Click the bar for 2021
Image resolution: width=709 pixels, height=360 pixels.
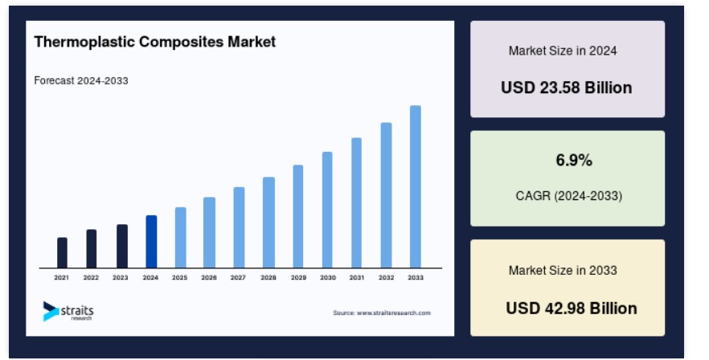pyautogui.click(x=62, y=253)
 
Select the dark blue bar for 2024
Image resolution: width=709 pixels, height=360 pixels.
pyautogui.click(x=151, y=242)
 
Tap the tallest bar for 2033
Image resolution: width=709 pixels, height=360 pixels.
pyautogui.click(x=415, y=186)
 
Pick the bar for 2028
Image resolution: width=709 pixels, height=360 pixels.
pyautogui.click(x=268, y=223)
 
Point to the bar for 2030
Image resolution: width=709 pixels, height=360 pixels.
pyautogui.click(x=327, y=210)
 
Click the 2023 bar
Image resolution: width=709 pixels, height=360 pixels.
pyautogui.click(x=122, y=246)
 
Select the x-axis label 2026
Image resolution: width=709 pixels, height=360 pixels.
pyautogui.click(x=209, y=278)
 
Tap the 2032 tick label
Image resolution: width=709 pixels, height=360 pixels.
pyautogui.click(x=386, y=278)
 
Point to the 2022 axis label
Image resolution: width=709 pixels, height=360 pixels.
pyautogui.click(x=91, y=278)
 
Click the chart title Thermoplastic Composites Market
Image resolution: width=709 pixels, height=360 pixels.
pyautogui.click(x=154, y=42)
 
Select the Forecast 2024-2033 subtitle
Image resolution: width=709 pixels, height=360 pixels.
pyautogui.click(x=81, y=80)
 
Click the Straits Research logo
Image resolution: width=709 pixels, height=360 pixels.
pyautogui.click(x=68, y=311)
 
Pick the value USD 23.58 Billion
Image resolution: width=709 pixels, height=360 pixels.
pyautogui.click(x=566, y=88)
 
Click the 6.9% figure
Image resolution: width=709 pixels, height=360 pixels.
pyautogui.click(x=574, y=160)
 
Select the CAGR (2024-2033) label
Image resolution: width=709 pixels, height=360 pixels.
pyautogui.click(x=569, y=196)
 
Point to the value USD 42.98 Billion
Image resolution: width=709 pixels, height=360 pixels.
pyautogui.click(x=572, y=308)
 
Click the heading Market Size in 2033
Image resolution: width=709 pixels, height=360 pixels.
pyautogui.click(x=563, y=271)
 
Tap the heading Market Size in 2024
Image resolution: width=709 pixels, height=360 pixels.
pyautogui.click(x=563, y=51)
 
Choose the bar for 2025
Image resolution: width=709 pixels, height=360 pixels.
pyautogui.click(x=180, y=237)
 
